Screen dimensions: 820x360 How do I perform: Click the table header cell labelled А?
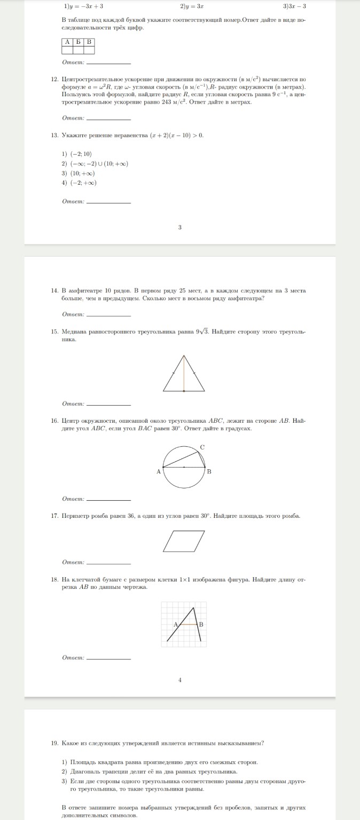(67, 42)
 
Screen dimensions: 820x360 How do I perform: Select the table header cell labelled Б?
(78, 42)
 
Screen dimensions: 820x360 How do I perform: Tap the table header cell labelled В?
(89, 42)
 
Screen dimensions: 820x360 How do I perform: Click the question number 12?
(54, 79)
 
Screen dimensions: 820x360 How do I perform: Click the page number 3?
(180, 227)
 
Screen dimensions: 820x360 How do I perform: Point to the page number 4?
(180, 680)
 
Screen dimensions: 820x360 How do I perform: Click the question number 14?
(54, 290)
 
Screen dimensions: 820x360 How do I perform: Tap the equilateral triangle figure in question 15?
(184, 373)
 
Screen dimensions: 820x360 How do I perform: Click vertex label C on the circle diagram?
(202, 446)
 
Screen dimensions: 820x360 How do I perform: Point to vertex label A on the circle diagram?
(159, 471)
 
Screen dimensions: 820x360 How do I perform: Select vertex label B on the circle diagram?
(209, 471)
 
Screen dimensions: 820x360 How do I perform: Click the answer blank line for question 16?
(108, 500)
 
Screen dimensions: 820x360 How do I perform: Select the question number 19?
(54, 743)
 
